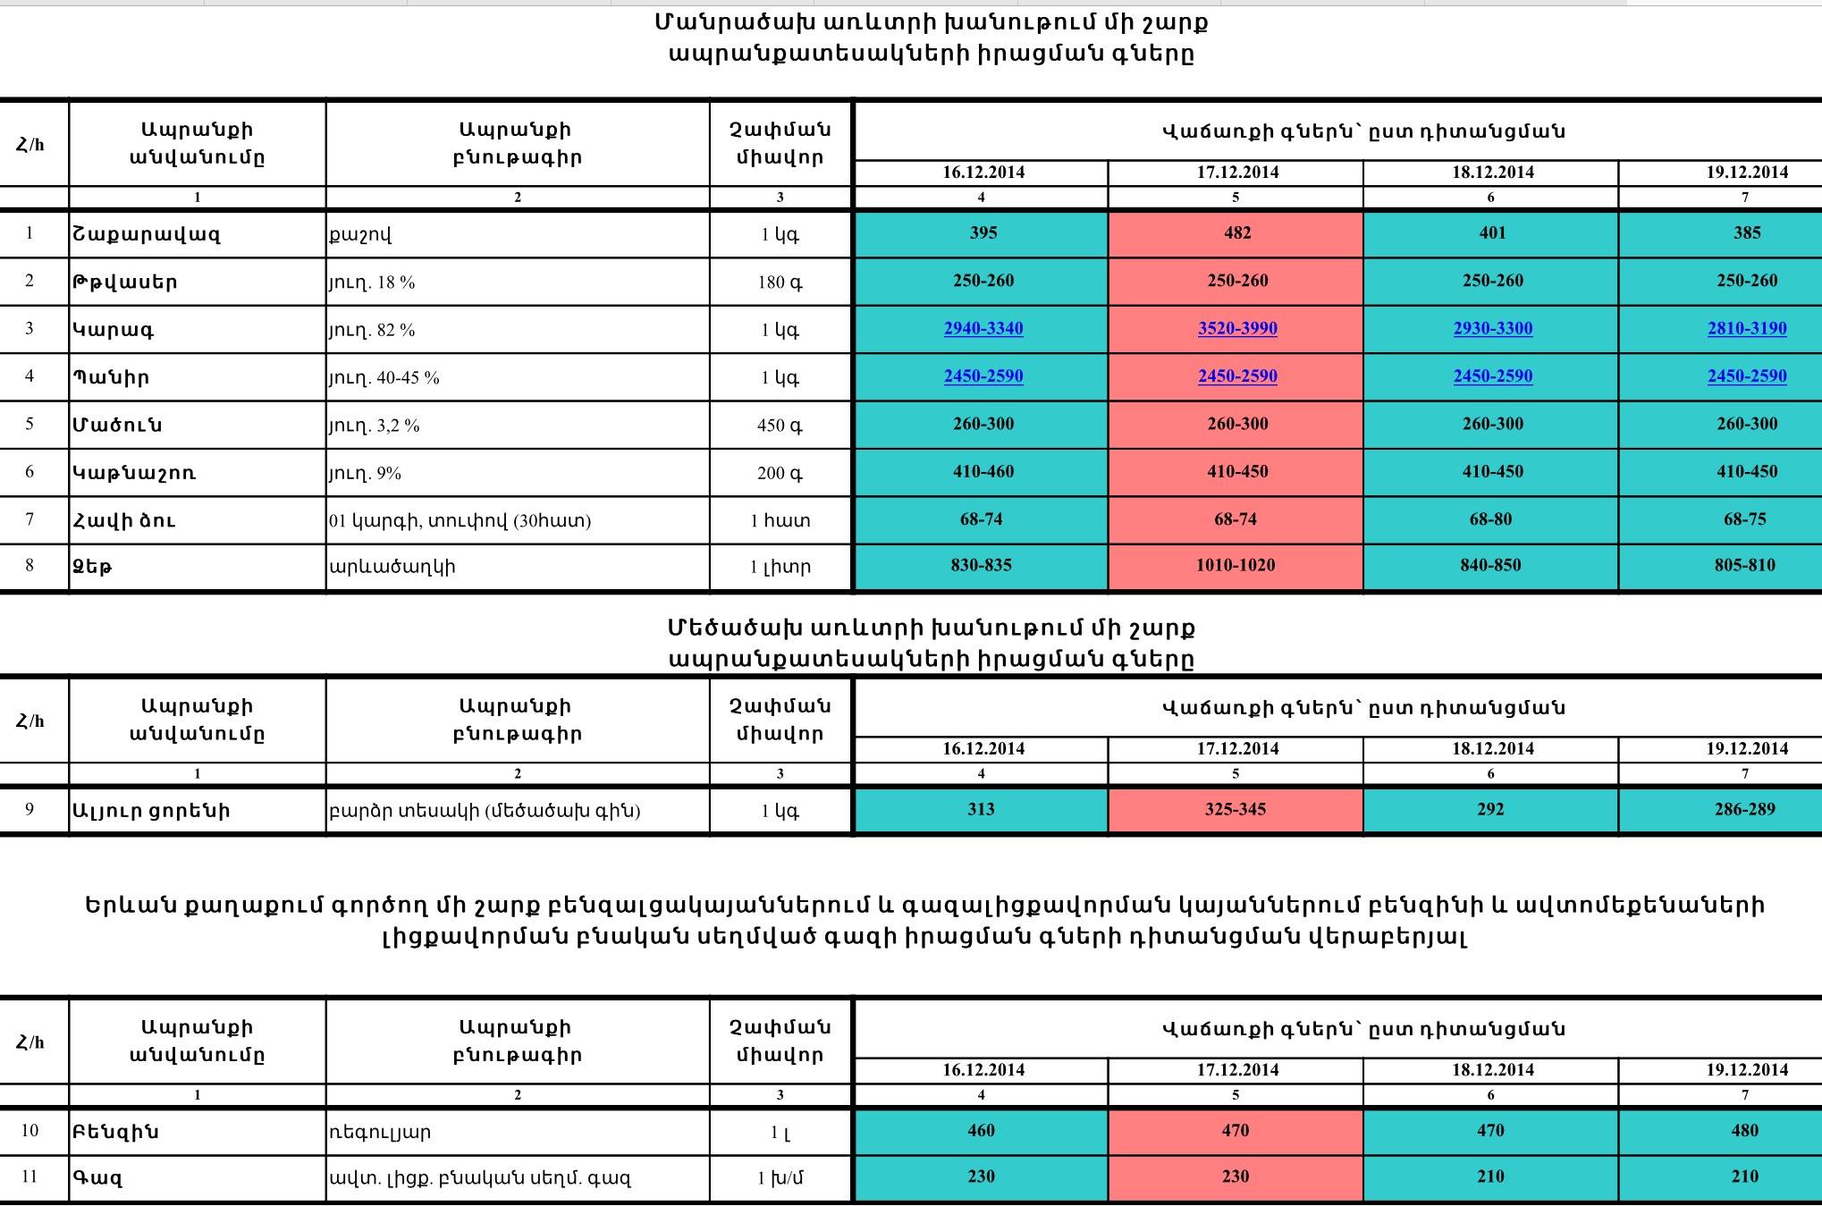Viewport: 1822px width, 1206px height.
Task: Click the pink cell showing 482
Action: click(1236, 233)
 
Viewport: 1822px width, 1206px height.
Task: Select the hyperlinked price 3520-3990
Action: click(1236, 328)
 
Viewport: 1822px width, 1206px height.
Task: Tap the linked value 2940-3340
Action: click(983, 328)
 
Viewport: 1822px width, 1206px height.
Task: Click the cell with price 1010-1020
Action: click(1236, 565)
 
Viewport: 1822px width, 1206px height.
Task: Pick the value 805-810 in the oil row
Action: click(1745, 565)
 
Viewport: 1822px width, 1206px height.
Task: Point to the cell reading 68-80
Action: click(1490, 519)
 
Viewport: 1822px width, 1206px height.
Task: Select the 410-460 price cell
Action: click(983, 471)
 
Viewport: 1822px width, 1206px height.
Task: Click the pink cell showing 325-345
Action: click(1236, 809)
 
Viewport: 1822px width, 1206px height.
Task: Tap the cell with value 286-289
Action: click(1745, 809)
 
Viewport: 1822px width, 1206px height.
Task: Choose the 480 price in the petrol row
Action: click(1745, 1130)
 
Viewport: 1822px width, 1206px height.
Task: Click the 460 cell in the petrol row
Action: click(981, 1130)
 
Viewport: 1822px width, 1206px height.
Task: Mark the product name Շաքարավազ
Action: click(146, 234)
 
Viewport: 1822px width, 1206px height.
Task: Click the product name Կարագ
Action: click(114, 330)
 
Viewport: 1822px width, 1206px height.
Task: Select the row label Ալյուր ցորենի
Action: click(151, 811)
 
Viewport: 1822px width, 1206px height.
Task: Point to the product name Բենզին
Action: click(115, 1132)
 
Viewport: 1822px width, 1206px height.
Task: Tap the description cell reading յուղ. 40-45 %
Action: click(384, 377)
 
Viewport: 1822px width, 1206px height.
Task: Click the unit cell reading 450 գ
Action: click(780, 426)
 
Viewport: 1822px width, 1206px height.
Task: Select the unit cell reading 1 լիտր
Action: click(780, 567)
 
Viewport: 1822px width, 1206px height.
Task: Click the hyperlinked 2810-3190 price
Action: click(1746, 328)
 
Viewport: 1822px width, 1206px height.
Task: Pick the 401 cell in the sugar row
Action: click(1492, 233)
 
